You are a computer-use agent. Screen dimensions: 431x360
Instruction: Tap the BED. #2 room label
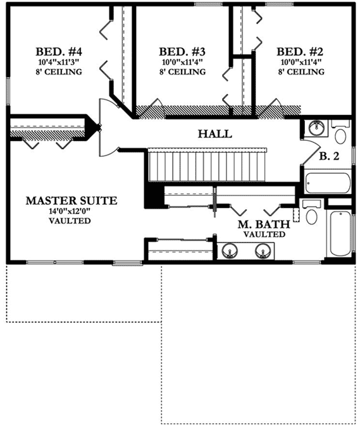tap(301, 51)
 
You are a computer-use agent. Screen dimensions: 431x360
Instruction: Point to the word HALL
tap(214, 134)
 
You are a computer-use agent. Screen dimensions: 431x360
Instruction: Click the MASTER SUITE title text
tap(71, 200)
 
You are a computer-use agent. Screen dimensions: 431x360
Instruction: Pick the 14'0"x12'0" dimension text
tap(71, 211)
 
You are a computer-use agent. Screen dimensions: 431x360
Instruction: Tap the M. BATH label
tap(264, 224)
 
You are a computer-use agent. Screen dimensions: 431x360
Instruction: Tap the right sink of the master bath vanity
tap(262, 252)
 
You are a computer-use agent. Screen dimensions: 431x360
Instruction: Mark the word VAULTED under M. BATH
tap(264, 234)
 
